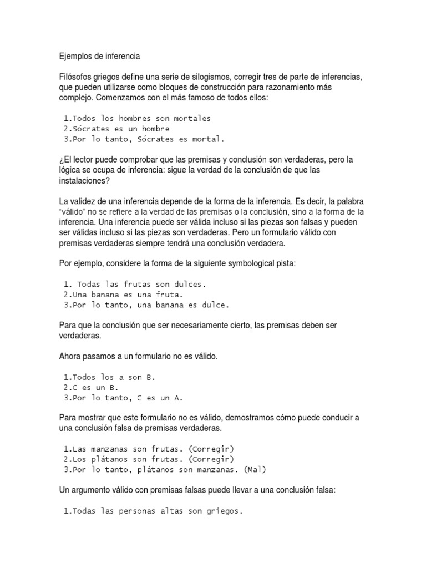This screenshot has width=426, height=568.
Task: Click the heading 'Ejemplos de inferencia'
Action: (x=99, y=56)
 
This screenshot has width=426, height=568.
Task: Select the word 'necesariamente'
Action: (x=210, y=326)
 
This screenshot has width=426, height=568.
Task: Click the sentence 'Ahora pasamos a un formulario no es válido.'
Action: (x=139, y=357)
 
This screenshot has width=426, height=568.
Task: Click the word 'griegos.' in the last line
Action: (x=225, y=511)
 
